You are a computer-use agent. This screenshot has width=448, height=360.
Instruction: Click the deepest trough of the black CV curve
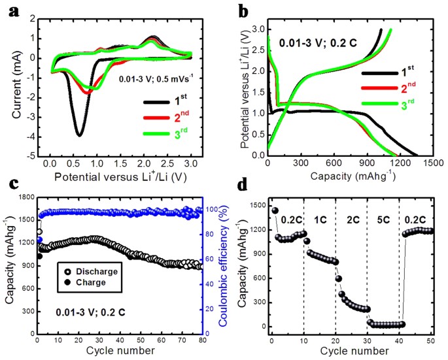(x=79, y=135)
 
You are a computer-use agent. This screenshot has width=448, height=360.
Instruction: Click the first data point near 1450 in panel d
(x=275, y=210)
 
